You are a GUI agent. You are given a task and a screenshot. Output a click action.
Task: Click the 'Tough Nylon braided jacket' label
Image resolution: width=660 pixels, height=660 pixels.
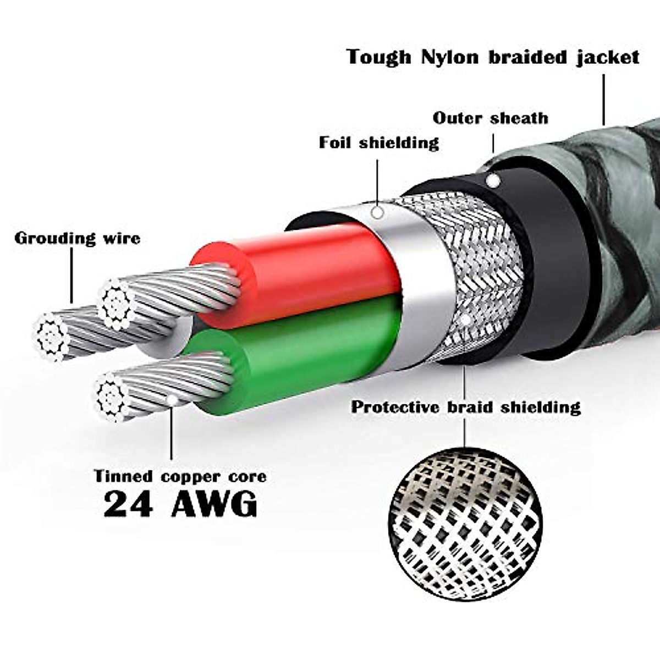(493, 57)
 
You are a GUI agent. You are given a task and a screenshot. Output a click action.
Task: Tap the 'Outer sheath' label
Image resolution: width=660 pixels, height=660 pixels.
(490, 118)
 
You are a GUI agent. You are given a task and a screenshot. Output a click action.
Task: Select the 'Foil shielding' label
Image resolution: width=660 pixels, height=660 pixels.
(379, 143)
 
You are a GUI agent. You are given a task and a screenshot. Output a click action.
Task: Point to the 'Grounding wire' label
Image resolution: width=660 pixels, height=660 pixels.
(77, 238)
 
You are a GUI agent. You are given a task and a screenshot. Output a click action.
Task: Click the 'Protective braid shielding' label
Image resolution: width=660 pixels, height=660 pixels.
(466, 408)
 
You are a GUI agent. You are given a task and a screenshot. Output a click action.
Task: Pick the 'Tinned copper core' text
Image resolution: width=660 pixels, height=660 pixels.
(180, 476)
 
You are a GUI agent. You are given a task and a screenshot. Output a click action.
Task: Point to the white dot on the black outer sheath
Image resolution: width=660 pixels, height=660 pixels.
(493, 180)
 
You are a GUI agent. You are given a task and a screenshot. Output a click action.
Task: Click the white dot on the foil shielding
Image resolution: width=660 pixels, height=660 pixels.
(377, 212)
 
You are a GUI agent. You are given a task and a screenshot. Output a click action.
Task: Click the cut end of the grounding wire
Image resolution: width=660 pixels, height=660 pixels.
(53, 337)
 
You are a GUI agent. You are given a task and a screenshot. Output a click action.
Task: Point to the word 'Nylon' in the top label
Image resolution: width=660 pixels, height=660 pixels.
(449, 57)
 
